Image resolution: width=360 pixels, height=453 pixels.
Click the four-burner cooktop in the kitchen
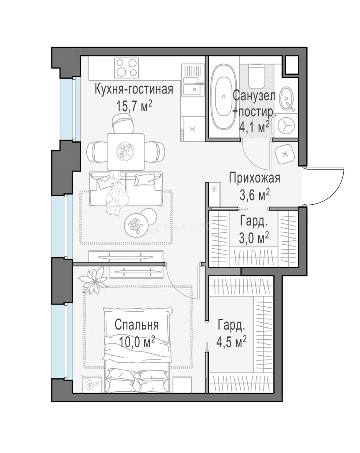coord(127,68)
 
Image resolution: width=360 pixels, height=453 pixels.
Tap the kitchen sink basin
coord(193,89)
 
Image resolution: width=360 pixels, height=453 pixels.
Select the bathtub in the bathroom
coord(221,97)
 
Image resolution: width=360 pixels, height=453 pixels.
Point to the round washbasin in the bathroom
coord(287,98)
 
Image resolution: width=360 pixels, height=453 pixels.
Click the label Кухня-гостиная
coord(134,90)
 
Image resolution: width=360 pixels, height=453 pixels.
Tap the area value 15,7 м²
coord(134,106)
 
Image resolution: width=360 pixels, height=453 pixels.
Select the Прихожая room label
coord(255,178)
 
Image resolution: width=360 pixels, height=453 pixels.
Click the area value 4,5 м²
coord(232,343)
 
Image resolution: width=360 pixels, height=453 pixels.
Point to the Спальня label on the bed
coord(137,325)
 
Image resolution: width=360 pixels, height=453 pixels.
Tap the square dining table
coord(126,152)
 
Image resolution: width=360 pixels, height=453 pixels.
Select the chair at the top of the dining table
coord(123,123)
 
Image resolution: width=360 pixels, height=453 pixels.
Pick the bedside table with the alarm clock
coord(92,385)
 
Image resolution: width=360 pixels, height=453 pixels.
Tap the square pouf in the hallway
coord(285,154)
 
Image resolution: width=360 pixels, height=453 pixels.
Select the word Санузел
coord(254,96)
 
